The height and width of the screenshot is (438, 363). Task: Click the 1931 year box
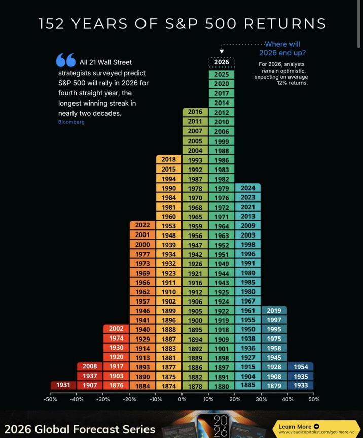(x=63, y=385)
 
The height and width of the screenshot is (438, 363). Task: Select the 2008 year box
(x=90, y=366)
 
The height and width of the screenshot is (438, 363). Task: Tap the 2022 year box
(x=142, y=225)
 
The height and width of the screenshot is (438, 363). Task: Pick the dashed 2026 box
(x=222, y=62)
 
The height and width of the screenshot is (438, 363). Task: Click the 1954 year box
(x=301, y=366)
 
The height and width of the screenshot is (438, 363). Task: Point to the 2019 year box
(x=274, y=310)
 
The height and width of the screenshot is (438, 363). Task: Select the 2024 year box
(x=248, y=188)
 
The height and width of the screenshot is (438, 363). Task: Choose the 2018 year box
(x=169, y=159)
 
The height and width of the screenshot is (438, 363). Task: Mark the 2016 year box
(x=195, y=112)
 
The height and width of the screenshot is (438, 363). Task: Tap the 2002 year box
(x=116, y=329)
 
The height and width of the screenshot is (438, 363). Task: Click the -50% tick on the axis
(x=50, y=399)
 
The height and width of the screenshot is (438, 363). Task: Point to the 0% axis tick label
(x=182, y=399)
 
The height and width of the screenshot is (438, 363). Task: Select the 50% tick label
(x=314, y=399)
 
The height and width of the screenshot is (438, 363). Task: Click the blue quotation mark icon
(x=65, y=60)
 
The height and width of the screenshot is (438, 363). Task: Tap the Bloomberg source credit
(x=71, y=122)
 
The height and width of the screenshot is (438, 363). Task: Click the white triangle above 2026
(x=222, y=51)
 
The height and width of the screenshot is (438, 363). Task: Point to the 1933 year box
(x=301, y=385)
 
